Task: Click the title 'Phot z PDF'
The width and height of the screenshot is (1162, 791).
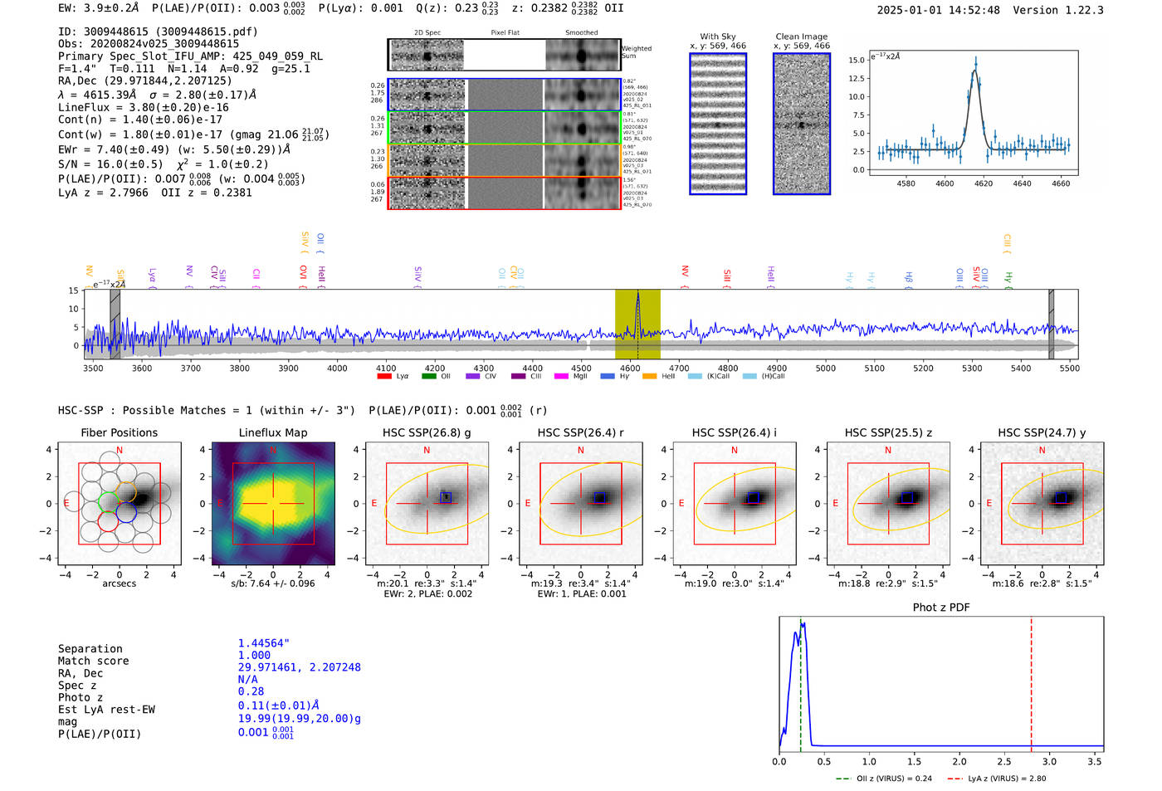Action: [x=940, y=608]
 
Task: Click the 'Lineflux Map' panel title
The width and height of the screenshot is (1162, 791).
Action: [x=272, y=432]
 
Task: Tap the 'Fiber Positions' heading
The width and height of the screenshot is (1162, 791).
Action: [x=119, y=432]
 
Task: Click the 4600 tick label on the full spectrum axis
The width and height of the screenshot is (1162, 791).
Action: [x=630, y=369]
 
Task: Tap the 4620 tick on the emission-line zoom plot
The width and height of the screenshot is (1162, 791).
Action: [x=984, y=183]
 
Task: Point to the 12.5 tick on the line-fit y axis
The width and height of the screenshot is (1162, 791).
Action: [x=856, y=78]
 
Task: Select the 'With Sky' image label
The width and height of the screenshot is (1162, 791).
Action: [x=717, y=37]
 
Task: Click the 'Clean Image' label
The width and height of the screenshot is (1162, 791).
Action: [x=801, y=37]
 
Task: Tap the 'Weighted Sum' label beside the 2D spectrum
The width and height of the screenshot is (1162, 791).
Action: [x=637, y=52]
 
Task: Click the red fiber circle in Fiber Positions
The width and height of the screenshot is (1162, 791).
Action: [x=108, y=521]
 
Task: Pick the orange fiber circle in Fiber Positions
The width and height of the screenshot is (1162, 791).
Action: [x=126, y=491]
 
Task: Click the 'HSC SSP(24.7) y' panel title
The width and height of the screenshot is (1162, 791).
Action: [x=1041, y=432]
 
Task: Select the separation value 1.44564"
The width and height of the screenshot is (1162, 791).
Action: [x=263, y=643]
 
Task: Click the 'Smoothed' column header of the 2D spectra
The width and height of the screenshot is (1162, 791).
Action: [x=581, y=33]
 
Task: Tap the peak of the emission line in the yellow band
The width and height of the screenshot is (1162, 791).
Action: [x=637, y=294]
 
